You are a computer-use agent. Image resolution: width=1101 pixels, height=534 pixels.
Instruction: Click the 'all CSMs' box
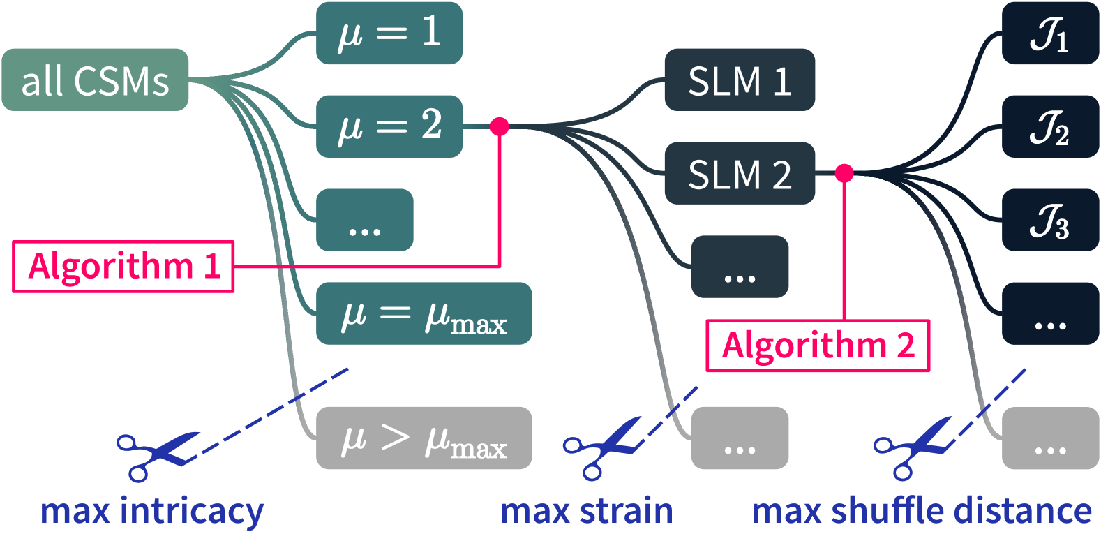(95, 80)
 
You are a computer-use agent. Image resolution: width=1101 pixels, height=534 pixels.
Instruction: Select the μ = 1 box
(389, 33)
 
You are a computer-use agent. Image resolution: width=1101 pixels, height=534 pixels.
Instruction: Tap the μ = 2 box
(389, 126)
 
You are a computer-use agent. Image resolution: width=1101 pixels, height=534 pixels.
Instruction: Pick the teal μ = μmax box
(424, 314)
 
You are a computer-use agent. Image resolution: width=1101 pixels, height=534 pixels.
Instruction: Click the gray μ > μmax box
(424, 438)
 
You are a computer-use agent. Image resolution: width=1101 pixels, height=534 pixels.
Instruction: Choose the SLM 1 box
(739, 80)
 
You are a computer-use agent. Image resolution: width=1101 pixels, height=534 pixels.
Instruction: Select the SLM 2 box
(739, 173)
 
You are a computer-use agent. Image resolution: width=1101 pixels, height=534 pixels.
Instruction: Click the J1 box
(1050, 34)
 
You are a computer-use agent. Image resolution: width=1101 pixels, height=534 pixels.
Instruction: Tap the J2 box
(1050, 127)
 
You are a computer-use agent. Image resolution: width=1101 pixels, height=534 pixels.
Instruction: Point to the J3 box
(1050, 220)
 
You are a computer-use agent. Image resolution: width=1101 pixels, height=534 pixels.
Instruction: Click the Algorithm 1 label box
(123, 267)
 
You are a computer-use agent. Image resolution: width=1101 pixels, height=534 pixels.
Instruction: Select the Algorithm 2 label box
(817, 346)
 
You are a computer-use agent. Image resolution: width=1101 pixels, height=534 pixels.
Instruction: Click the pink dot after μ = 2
(500, 126)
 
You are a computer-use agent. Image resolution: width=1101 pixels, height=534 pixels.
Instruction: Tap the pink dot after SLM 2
(844, 172)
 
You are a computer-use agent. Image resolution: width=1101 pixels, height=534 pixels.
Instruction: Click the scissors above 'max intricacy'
(157, 454)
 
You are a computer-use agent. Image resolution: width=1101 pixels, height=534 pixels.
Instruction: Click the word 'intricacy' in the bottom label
(191, 511)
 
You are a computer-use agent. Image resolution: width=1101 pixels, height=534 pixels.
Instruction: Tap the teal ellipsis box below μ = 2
(364, 220)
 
